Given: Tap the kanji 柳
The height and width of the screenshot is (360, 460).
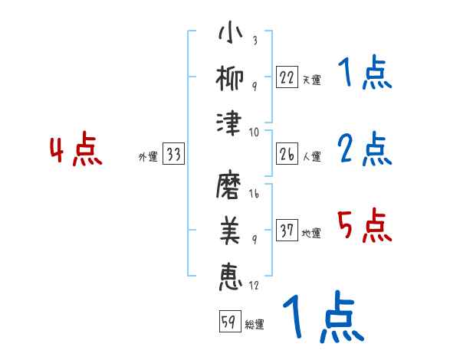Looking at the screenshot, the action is [x=230, y=78].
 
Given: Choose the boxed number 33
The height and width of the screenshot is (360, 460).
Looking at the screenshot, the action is [x=172, y=155].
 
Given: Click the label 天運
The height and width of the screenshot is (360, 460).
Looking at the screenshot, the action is [x=312, y=80].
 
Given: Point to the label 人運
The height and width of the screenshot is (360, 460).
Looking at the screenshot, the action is [x=312, y=156].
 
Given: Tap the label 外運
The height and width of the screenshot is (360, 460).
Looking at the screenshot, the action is [x=147, y=156].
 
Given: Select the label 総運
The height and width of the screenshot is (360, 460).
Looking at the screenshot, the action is [x=255, y=324].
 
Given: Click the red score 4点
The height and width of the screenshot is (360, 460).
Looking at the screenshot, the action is [x=76, y=150].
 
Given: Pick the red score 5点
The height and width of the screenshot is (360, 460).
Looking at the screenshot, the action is [x=364, y=227].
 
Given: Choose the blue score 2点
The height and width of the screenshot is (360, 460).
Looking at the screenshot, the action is [x=364, y=149].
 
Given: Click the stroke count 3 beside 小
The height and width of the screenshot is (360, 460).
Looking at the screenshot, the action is [x=254, y=41].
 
